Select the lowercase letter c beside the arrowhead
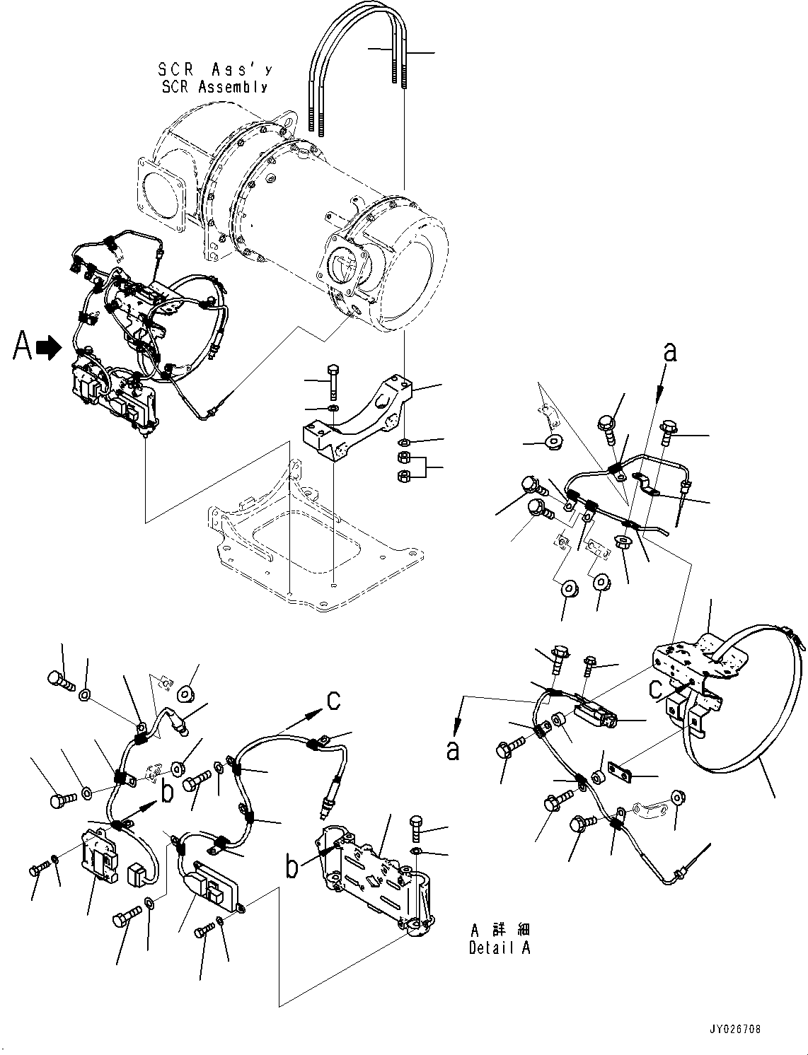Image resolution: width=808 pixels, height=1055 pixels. click(x=334, y=699)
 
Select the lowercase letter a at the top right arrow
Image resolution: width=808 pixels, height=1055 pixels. click(x=669, y=351)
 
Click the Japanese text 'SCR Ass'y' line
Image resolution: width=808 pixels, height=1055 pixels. click(x=214, y=70)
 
